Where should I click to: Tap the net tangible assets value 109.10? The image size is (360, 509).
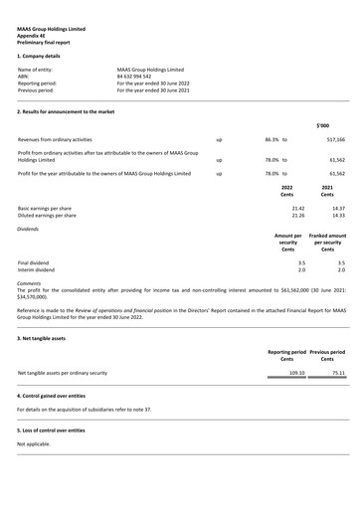[x=296, y=374]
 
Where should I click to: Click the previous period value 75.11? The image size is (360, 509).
[x=337, y=374]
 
